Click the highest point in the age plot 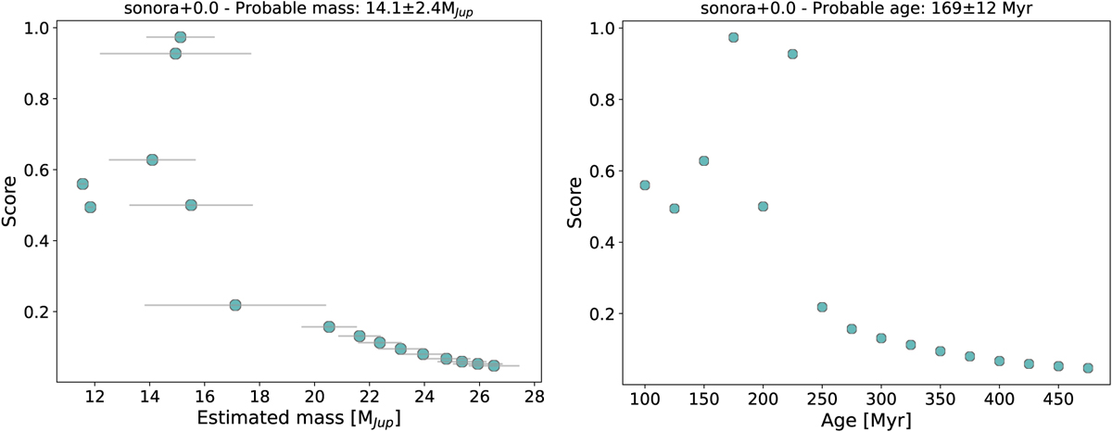733,37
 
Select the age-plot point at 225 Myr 792,54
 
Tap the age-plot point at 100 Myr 645,185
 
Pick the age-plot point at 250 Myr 822,307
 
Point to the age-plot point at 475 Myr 1088,368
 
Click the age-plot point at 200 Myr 763,206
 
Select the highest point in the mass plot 181,37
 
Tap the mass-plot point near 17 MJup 235,305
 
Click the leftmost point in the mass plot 82,184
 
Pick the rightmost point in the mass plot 494,365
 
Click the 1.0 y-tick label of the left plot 37,29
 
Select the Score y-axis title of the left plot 11,199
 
